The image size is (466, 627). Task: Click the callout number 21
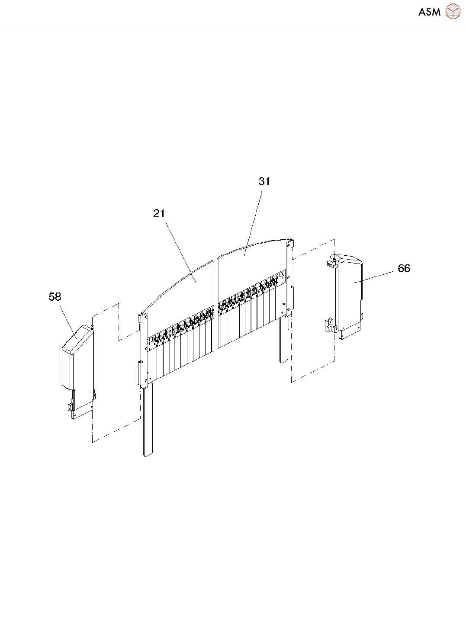(x=159, y=213)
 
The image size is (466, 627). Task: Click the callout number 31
(x=264, y=181)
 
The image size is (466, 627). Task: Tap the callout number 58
(x=55, y=297)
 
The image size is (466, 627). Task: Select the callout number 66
(x=404, y=269)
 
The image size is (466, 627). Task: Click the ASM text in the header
(x=429, y=12)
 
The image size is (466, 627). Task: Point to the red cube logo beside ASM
(x=453, y=12)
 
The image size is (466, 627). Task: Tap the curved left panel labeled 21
(x=186, y=294)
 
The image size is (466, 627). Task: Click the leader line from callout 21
(x=180, y=251)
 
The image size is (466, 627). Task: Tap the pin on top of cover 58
(x=92, y=322)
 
